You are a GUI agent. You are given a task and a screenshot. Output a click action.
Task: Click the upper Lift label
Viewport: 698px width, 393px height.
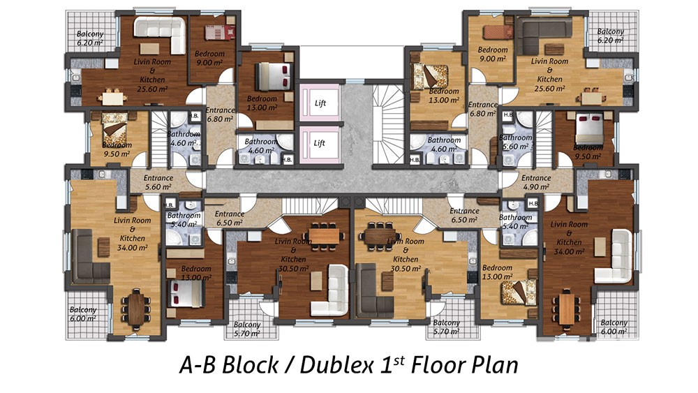click(320, 103)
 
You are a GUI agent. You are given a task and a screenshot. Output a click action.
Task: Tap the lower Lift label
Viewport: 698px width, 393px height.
click(319, 143)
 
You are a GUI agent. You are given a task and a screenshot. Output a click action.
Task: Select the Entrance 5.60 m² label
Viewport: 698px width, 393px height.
click(158, 182)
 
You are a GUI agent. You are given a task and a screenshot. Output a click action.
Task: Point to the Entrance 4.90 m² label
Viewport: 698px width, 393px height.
click(536, 182)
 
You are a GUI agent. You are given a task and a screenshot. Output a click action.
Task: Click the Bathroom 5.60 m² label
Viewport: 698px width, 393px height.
click(515, 142)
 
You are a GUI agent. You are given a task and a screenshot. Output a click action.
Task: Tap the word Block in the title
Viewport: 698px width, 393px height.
click(250, 365)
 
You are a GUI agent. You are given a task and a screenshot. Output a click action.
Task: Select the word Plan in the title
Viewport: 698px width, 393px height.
click(496, 365)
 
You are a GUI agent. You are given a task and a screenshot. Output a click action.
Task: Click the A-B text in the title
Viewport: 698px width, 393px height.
click(198, 365)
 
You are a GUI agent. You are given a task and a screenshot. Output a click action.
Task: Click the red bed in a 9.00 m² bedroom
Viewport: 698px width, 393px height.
click(219, 33)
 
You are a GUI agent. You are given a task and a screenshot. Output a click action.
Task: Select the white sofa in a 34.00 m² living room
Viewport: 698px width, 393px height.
click(614, 257)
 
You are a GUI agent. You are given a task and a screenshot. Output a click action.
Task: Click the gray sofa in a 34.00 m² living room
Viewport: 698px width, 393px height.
click(90, 257)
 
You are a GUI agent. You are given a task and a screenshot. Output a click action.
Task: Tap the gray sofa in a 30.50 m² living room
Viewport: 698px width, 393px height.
click(375, 291)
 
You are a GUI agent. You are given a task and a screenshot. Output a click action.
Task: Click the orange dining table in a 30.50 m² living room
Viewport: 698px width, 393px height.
click(325, 235)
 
